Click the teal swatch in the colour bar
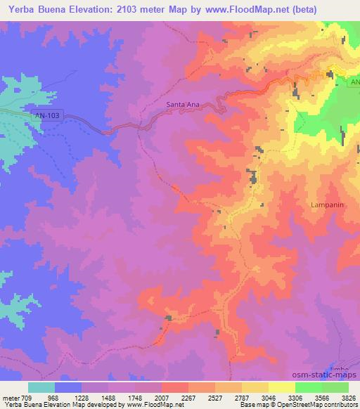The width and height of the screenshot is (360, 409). (x=41, y=387)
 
